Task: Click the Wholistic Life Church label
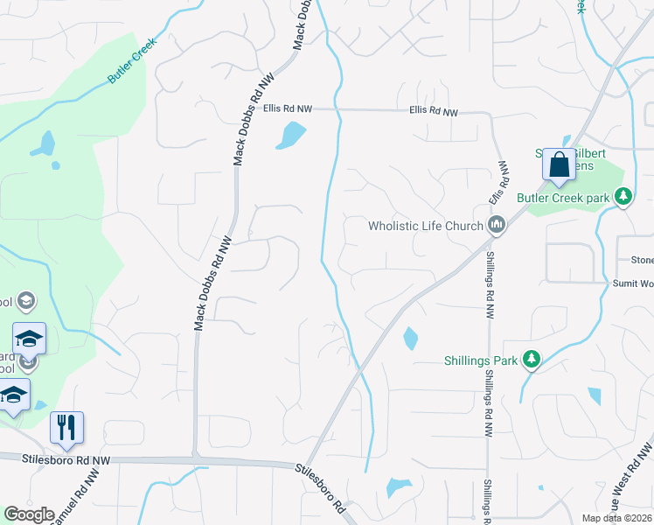click(426, 226)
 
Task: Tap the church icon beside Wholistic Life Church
click(497, 226)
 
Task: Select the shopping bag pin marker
click(559, 164)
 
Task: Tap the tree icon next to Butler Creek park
click(623, 197)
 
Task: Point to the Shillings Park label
click(482, 358)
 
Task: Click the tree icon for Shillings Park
click(530, 358)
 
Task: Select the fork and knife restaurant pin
click(66, 428)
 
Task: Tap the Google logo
click(30, 514)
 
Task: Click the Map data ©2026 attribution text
click(617, 518)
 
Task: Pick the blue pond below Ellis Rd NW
click(292, 135)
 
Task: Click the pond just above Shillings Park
click(410, 338)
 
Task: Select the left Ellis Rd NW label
click(287, 108)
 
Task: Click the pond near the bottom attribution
click(398, 486)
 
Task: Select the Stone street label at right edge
click(642, 260)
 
